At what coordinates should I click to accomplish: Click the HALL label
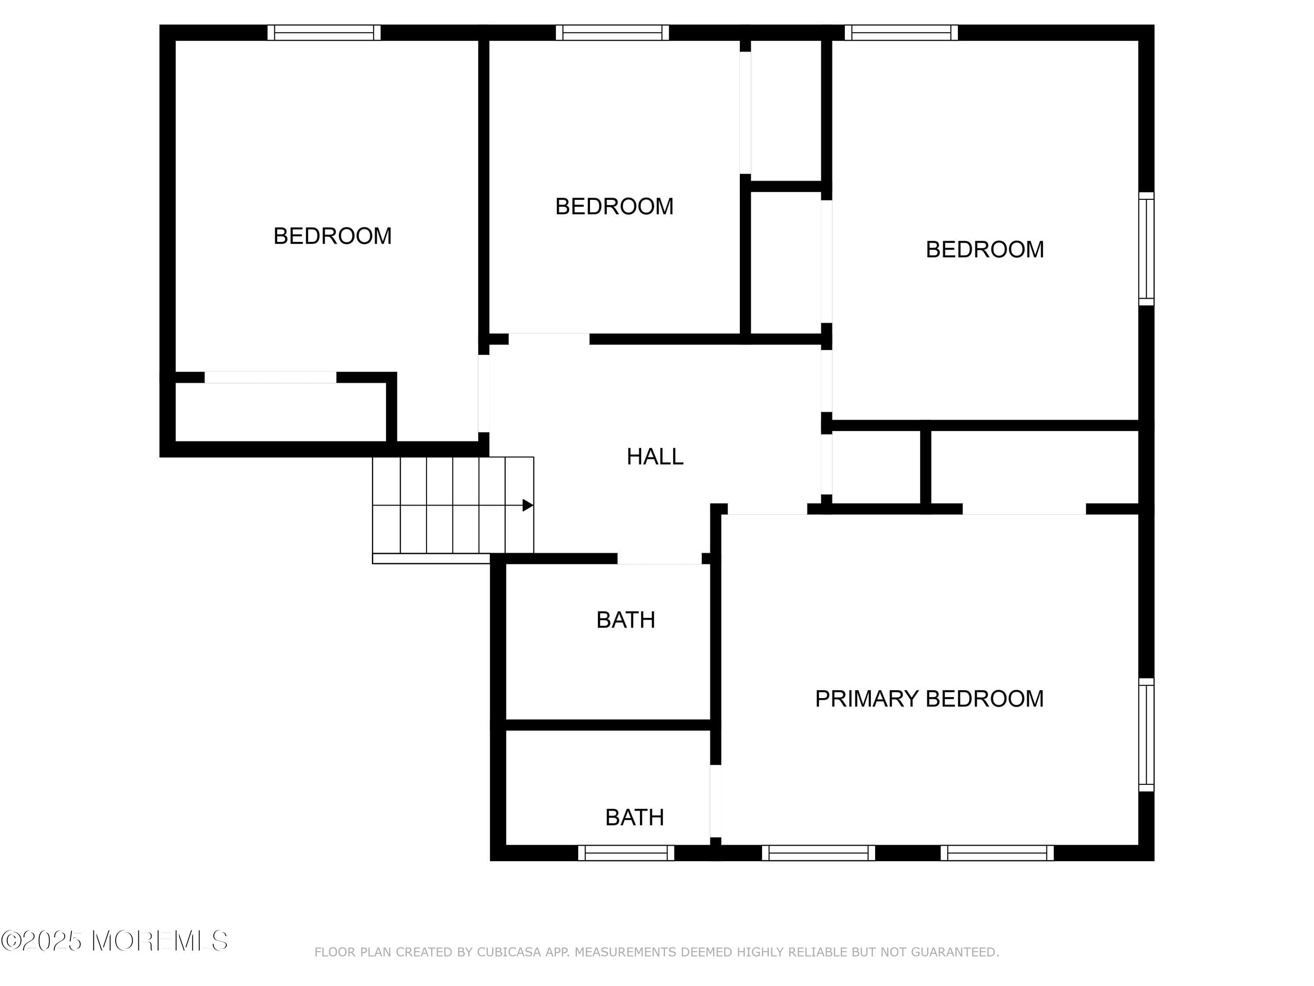[655, 457]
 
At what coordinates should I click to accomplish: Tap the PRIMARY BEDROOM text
[929, 699]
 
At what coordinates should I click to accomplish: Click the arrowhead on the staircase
[527, 505]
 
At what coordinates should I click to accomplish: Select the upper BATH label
[625, 620]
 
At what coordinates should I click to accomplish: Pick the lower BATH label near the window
[634, 818]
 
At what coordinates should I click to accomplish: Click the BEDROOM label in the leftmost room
[332, 236]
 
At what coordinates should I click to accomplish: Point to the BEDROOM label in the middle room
[614, 206]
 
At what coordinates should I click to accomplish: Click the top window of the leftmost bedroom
[324, 33]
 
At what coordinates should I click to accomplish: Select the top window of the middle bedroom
[612, 33]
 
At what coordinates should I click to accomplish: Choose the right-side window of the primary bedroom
[1146, 734]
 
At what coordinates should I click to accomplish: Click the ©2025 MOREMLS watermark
[114, 941]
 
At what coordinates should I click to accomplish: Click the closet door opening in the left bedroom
[270, 377]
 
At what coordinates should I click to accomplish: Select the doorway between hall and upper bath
[659, 559]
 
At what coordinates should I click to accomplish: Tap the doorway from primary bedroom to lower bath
[716, 801]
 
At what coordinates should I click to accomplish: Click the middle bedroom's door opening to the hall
[549, 339]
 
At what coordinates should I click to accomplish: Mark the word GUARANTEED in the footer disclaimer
[954, 953]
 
